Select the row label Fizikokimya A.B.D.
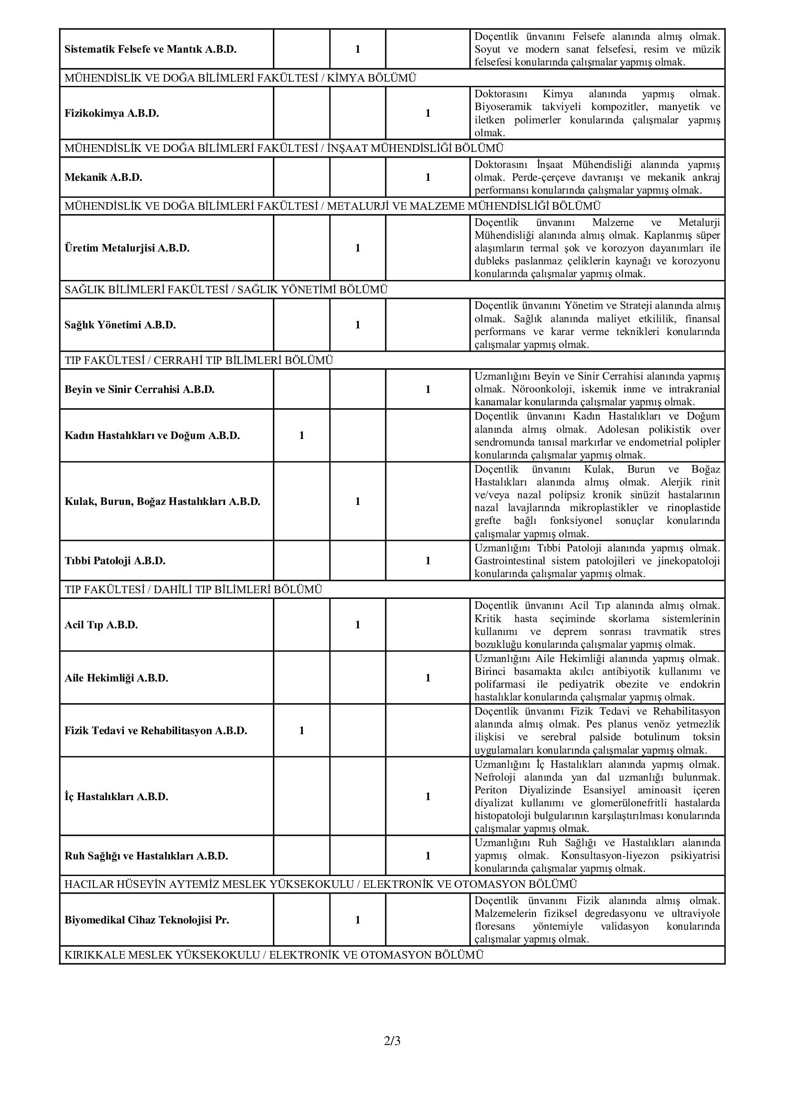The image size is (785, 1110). point(112,113)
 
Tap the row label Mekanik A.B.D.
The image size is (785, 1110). point(103,177)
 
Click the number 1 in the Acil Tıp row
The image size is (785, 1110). point(358,625)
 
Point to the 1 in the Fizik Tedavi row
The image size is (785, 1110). point(302,730)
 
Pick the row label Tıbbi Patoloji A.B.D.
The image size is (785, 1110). point(115,561)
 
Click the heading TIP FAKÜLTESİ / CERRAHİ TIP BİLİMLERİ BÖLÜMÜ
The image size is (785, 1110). point(199,361)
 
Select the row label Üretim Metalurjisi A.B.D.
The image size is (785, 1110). point(127,249)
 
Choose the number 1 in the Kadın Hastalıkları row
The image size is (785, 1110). point(302,436)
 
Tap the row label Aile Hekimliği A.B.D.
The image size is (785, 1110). point(116,678)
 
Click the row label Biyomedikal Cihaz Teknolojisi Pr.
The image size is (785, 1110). point(147,920)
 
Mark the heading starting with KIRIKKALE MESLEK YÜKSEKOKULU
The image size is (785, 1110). point(273,955)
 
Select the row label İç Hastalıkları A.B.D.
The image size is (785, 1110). point(116,797)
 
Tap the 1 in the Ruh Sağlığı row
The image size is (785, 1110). point(428,856)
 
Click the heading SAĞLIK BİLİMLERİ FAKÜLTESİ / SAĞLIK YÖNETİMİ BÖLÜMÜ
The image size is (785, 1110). point(226,290)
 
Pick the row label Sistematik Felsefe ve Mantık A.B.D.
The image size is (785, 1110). point(150,49)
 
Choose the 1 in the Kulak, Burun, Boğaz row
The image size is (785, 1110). point(358,501)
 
